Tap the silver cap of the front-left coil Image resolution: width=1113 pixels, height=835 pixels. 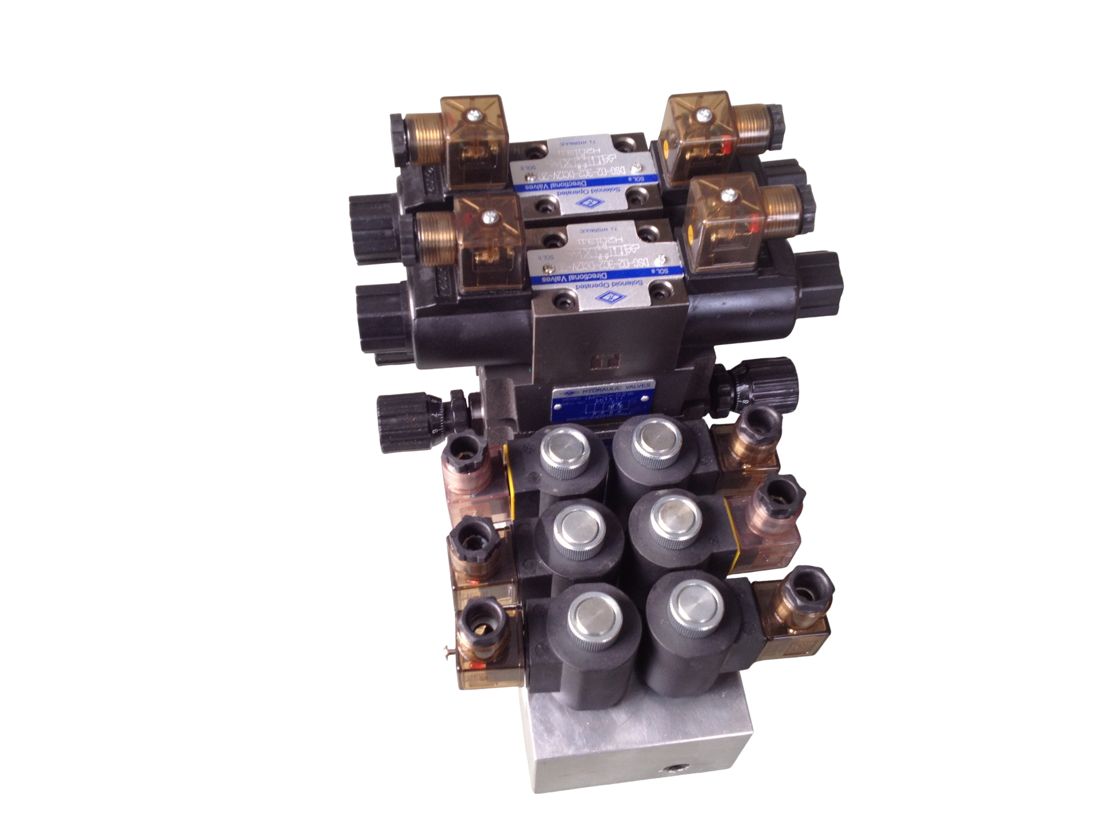593,614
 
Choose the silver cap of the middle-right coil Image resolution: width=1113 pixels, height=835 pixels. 675,513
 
